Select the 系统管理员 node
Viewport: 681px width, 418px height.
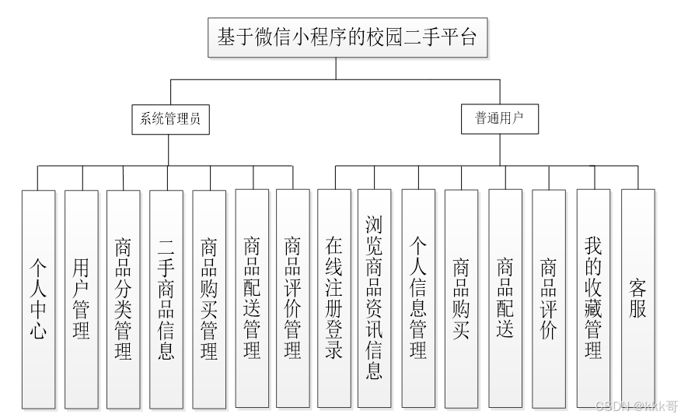click(x=170, y=120)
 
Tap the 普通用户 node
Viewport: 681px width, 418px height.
click(x=499, y=120)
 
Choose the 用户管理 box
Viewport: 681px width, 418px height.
click(x=82, y=299)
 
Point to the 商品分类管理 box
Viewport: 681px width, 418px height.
click(x=124, y=299)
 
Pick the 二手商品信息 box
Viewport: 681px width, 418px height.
click(x=166, y=299)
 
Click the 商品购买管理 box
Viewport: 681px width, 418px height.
click(x=209, y=299)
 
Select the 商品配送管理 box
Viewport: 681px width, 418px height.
click(x=251, y=299)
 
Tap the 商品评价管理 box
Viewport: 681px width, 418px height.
click(x=292, y=299)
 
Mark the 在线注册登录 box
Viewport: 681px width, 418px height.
click(x=334, y=299)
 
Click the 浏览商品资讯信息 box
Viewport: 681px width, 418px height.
click(x=375, y=299)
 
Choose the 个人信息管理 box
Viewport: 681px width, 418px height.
click(x=418, y=299)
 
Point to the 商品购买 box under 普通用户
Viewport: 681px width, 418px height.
click(x=461, y=299)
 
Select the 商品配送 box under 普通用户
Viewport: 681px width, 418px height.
click(x=505, y=299)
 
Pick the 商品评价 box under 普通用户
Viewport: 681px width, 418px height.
click(x=549, y=299)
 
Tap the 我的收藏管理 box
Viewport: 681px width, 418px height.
click(x=593, y=299)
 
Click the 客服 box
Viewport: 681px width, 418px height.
click(x=638, y=299)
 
